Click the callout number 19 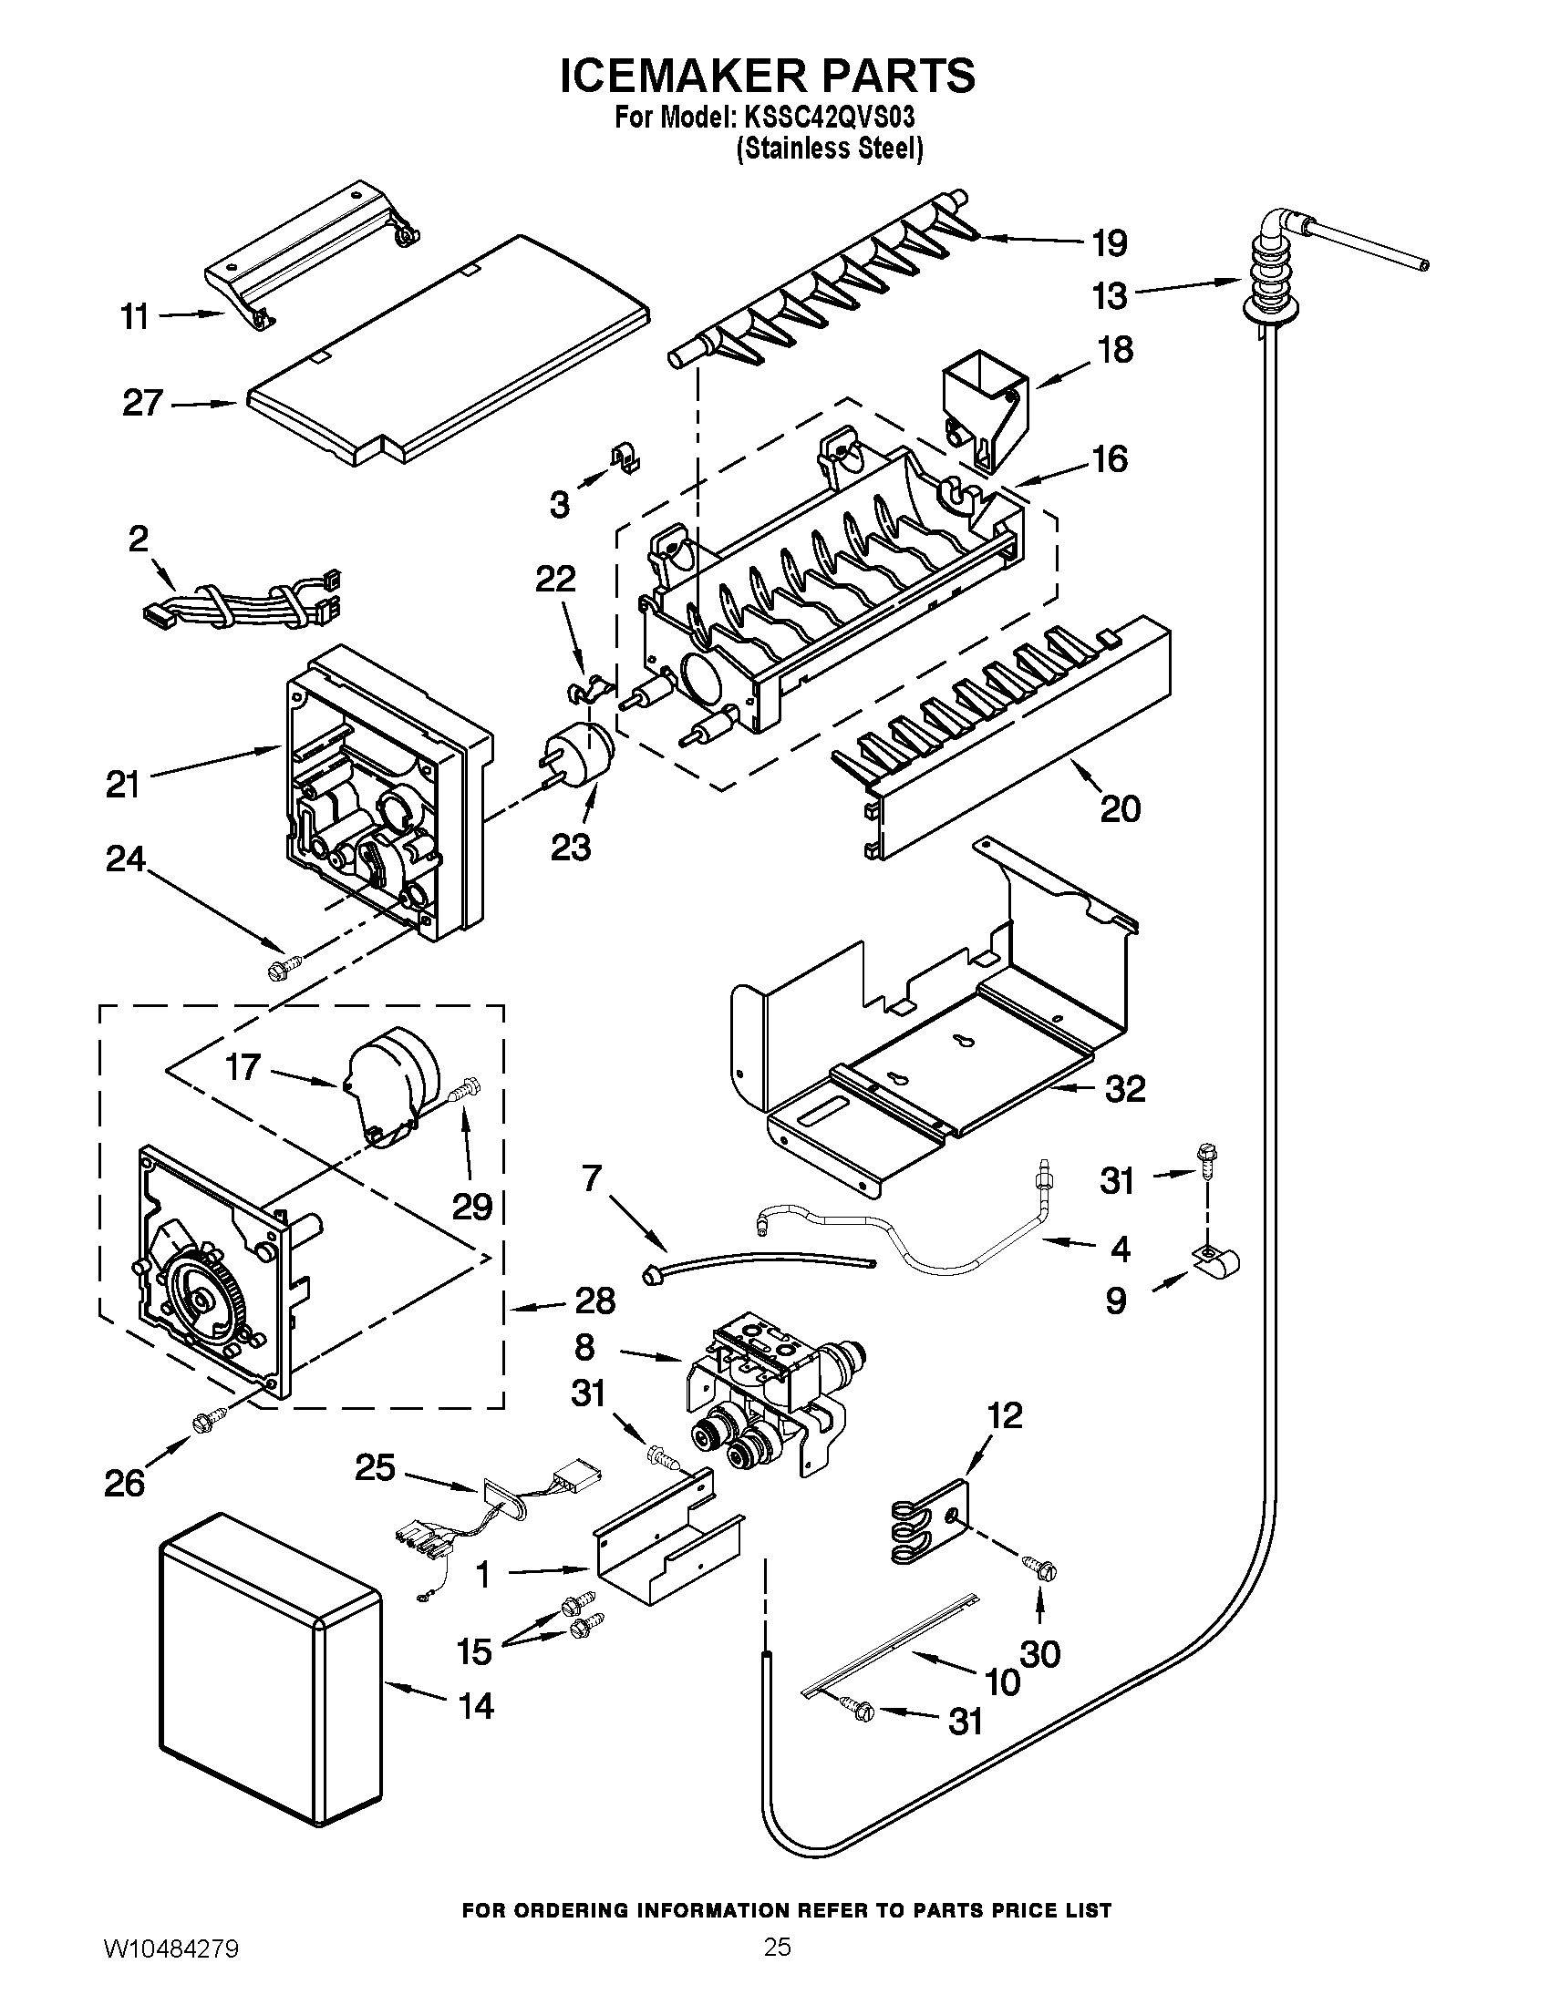(x=1110, y=244)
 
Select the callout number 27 (x=143, y=403)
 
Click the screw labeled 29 (x=466, y=1092)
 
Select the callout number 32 (x=1125, y=1089)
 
